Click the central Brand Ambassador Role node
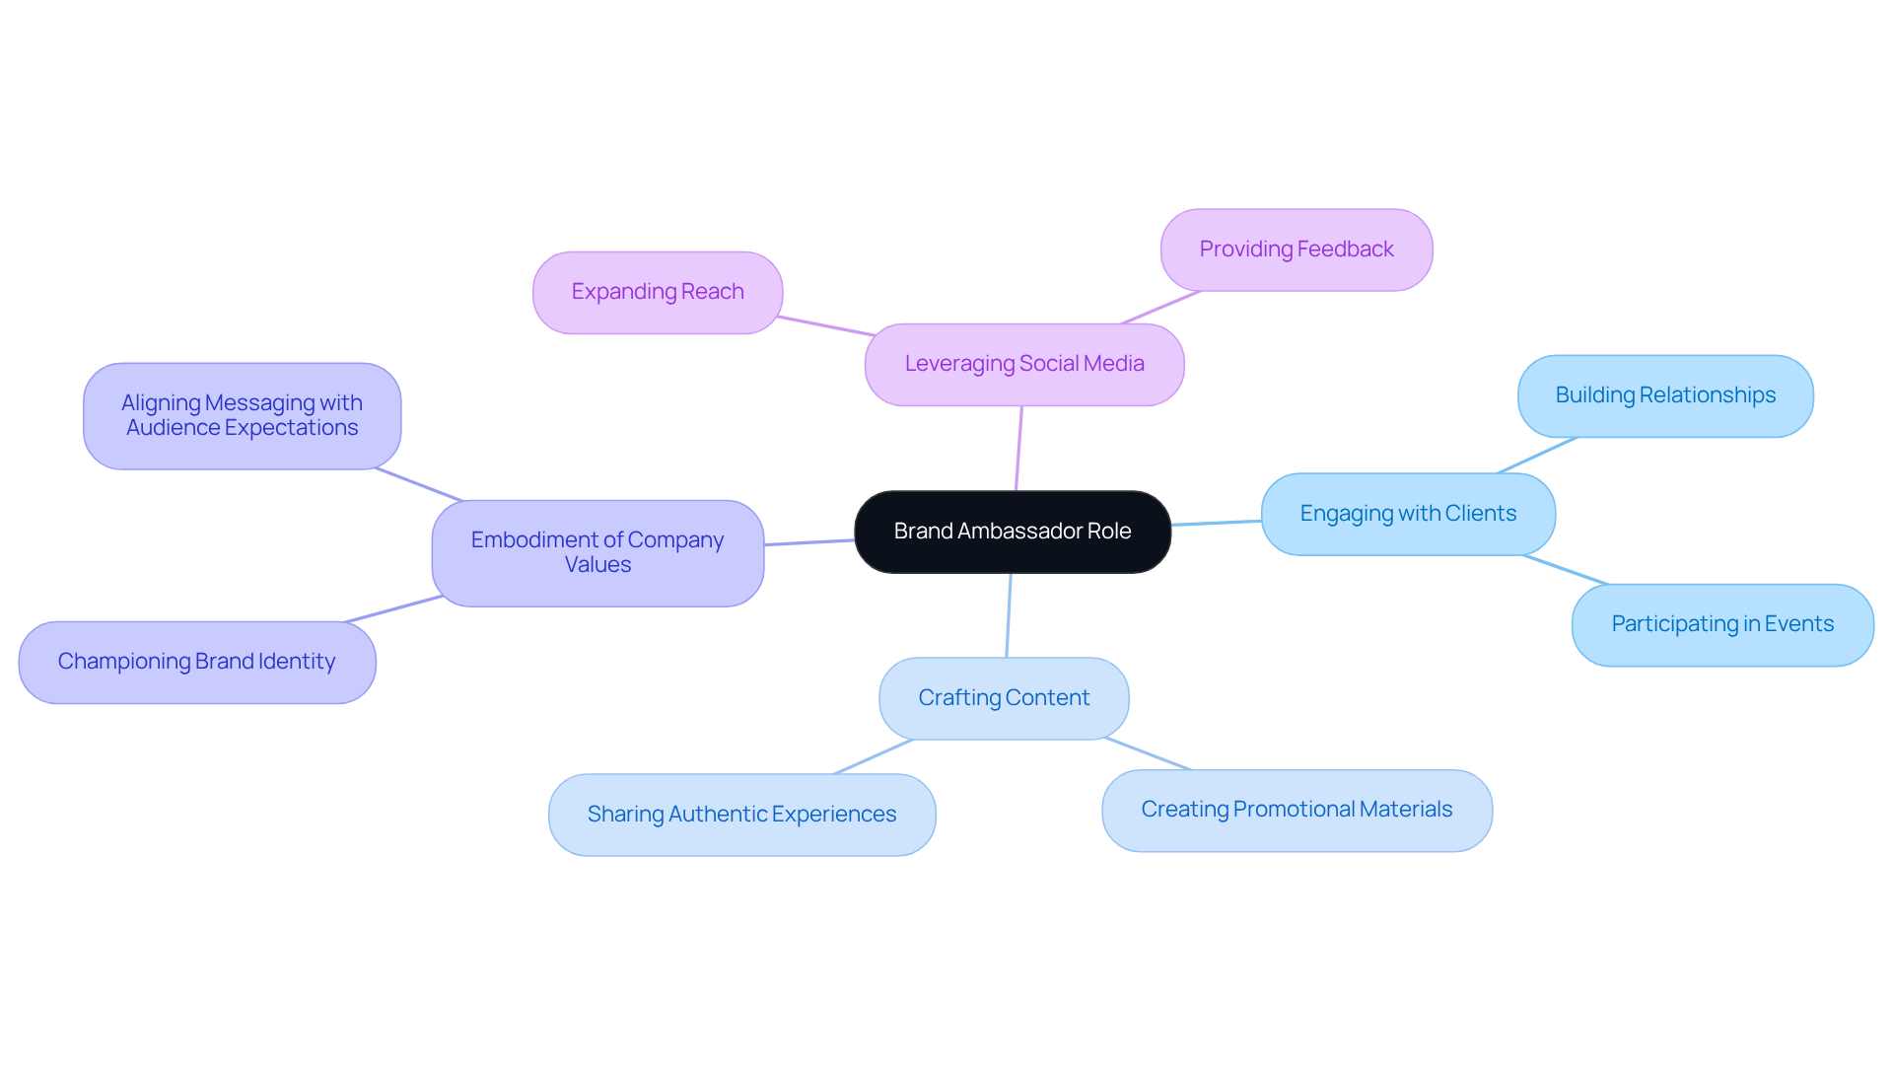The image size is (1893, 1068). click(x=1012, y=532)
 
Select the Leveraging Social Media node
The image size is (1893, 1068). click(x=1023, y=364)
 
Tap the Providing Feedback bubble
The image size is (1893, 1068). click(x=1296, y=249)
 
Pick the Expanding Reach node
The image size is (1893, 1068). click(x=657, y=292)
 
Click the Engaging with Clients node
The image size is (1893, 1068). click(x=1407, y=514)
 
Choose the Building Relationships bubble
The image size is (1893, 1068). click(x=1664, y=395)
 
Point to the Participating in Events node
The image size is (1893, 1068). click(x=1721, y=624)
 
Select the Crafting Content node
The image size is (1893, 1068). click(x=1003, y=698)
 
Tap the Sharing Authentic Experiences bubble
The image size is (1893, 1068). click(x=740, y=815)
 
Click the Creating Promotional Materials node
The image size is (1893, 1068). click(x=1296, y=810)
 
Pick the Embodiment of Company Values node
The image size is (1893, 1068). click(x=596, y=552)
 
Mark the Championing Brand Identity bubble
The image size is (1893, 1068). click(x=196, y=662)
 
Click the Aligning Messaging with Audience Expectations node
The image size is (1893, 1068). click(x=242, y=415)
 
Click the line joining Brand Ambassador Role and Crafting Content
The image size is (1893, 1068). click(x=1009, y=615)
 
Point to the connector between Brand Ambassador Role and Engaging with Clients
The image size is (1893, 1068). click(x=1216, y=523)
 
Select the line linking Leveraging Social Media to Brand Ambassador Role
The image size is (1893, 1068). click(x=1018, y=449)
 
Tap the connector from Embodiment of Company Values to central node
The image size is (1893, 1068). click(x=808, y=542)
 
